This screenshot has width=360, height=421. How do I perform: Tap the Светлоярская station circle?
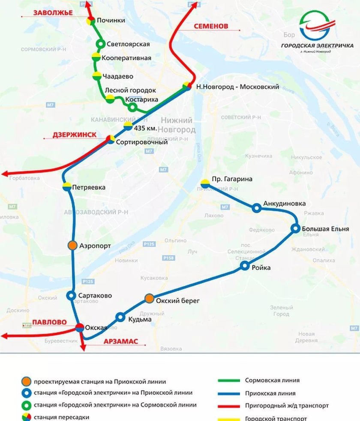[101, 44]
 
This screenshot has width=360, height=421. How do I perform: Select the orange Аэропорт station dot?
[72, 245]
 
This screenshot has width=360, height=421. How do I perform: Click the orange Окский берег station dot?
[149, 298]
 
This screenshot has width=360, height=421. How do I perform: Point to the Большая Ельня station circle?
[295, 228]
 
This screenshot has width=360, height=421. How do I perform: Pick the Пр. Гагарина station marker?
[205, 183]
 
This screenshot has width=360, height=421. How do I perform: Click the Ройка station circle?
[245, 266]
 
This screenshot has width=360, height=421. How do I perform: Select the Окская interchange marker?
[80, 328]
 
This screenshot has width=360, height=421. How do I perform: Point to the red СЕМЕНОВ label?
[210, 26]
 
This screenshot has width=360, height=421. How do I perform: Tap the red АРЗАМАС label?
[120, 341]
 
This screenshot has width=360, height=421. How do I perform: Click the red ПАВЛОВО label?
[49, 322]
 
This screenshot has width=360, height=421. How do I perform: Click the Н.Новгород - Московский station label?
[237, 87]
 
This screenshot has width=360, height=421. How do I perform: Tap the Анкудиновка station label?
[285, 203]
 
